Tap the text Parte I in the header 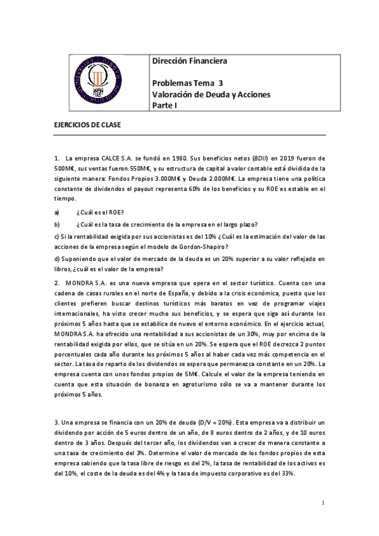pos(165,106)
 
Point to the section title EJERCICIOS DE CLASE pos(88,125)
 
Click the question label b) pos(57,224)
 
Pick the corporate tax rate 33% pos(287,473)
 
